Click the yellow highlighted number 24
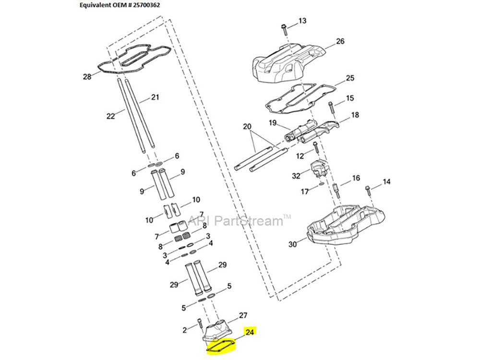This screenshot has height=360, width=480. pyautogui.click(x=250, y=331)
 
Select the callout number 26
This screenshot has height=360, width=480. pyautogui.click(x=340, y=41)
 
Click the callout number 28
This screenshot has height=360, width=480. pyautogui.click(x=87, y=77)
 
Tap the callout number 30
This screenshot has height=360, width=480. pyautogui.click(x=292, y=244)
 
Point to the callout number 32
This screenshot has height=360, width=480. pyautogui.click(x=296, y=176)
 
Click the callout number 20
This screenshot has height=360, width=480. pyautogui.click(x=247, y=127)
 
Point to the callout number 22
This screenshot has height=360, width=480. pyautogui.click(x=111, y=115)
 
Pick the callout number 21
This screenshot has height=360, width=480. pyautogui.click(x=155, y=97)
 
